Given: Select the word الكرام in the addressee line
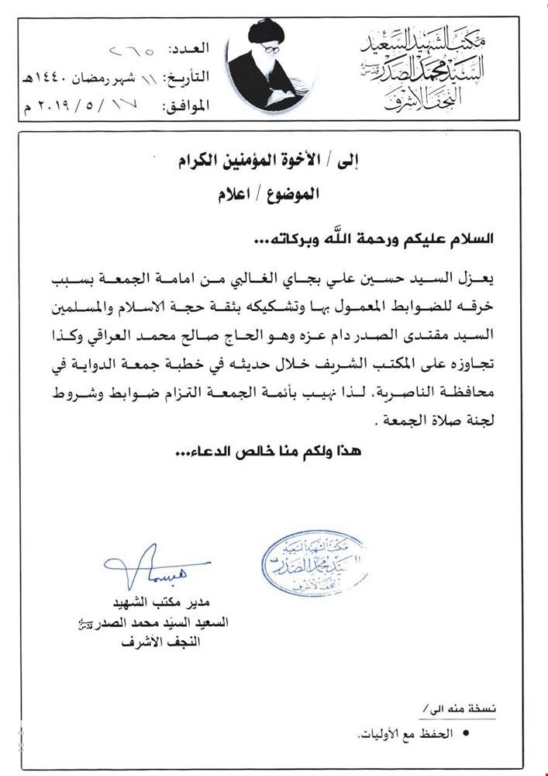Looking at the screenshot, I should point(198,162).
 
